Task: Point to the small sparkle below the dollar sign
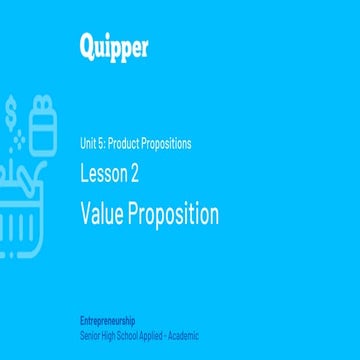pos(17,141)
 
